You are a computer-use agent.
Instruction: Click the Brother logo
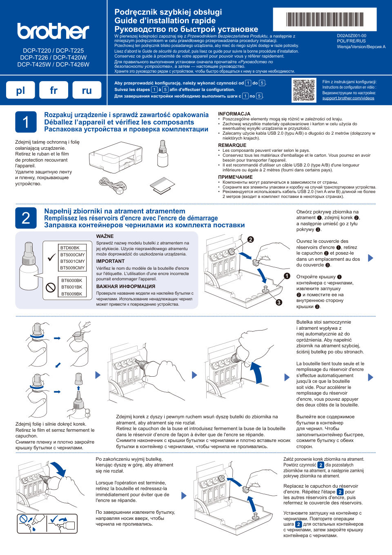pyautogui.click(x=53, y=31)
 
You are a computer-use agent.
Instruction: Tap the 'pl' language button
pyautogui.click(x=20, y=90)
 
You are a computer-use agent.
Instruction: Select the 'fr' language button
pyautogui.click(x=53, y=90)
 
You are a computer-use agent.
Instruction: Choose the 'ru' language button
pyautogui.click(x=87, y=90)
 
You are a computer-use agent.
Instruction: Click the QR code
pyautogui.click(x=304, y=90)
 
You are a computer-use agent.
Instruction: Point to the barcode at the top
pyautogui.click(x=325, y=19)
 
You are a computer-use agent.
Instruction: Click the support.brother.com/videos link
pyautogui.click(x=348, y=98)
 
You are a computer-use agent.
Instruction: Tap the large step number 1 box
pyautogui.click(x=26, y=122)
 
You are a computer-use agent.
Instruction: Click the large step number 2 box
pyautogui.click(x=26, y=218)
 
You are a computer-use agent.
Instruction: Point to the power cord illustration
pyautogui.click(x=113, y=186)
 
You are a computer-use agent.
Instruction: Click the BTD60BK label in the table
pyautogui.click(x=70, y=248)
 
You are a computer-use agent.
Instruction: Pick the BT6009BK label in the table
pyautogui.click(x=71, y=294)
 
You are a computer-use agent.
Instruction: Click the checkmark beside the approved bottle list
pyautogui.click(x=51, y=258)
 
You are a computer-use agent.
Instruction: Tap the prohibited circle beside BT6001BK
pyautogui.click(x=51, y=287)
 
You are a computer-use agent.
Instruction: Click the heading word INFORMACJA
pyautogui.click(x=234, y=114)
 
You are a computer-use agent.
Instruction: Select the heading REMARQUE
pyautogui.click(x=232, y=145)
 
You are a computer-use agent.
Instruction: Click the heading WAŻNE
pyautogui.click(x=105, y=236)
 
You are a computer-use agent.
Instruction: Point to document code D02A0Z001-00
pyautogui.click(x=351, y=36)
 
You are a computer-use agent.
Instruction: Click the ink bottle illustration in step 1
pyautogui.click(x=163, y=154)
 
